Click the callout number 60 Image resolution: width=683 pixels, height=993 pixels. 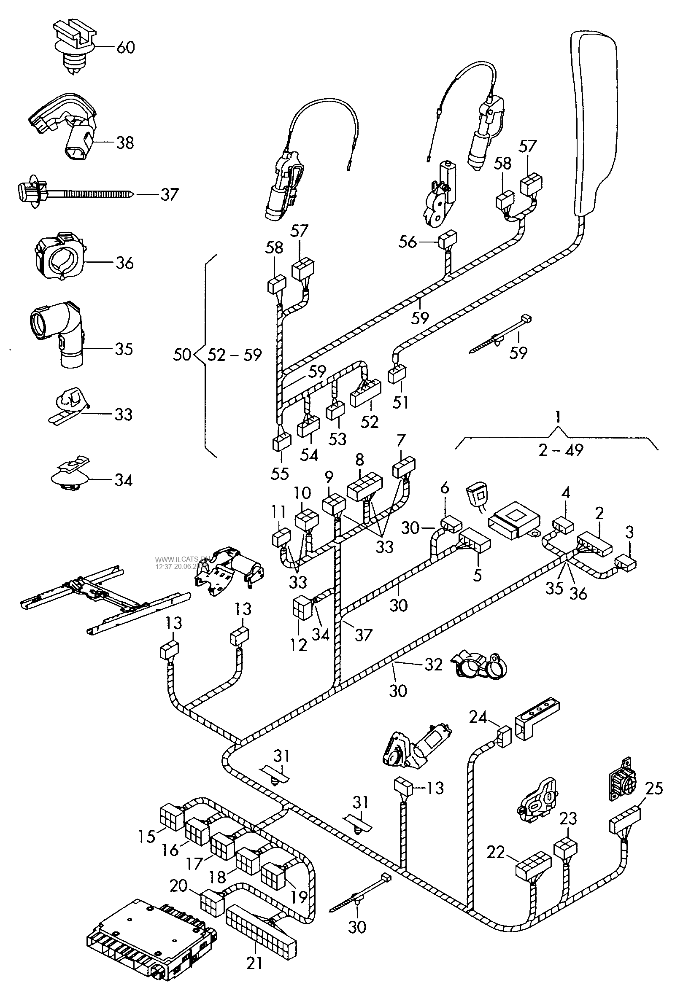125,47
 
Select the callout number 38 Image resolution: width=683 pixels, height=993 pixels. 124,143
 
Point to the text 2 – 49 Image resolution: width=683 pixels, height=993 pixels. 561,450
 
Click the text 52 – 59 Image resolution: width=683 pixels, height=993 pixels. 235,355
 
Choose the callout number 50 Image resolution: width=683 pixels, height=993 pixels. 182,355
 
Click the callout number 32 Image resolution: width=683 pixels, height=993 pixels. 433,665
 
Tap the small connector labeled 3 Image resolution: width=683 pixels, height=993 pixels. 626,563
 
